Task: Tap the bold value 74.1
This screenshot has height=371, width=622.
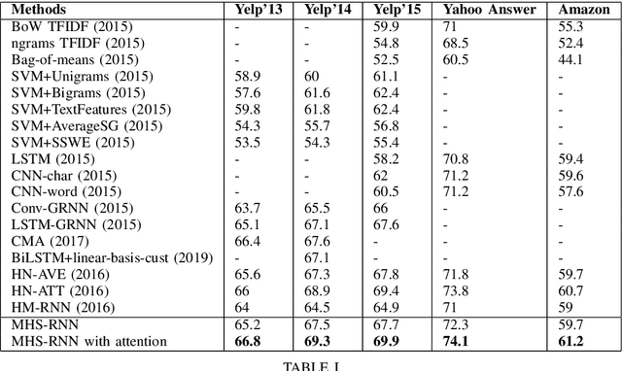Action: coord(454,341)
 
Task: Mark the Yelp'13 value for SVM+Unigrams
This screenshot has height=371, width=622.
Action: coord(248,75)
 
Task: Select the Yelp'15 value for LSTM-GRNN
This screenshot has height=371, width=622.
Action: coord(386,224)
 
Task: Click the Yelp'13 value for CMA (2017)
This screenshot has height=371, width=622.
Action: coord(248,241)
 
